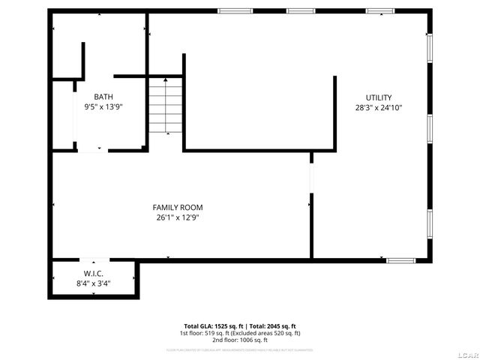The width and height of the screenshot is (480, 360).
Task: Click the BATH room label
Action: (103, 97)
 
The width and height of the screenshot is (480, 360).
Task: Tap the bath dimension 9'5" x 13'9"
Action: (103, 106)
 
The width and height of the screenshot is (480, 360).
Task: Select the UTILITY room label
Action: (379, 97)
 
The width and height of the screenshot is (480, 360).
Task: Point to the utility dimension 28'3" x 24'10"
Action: (379, 107)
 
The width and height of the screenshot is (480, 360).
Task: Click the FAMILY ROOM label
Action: (178, 208)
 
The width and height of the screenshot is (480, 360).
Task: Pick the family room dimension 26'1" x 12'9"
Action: (178, 217)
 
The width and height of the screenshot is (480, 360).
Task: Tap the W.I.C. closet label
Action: (93, 274)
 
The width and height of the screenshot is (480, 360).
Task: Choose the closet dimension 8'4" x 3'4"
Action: (93, 283)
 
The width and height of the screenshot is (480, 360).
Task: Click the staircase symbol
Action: (166, 106)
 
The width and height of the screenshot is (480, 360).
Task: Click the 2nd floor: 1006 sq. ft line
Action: (240, 339)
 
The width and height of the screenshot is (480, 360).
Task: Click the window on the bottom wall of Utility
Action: (400, 260)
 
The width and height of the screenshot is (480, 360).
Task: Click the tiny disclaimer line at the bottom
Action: (240, 349)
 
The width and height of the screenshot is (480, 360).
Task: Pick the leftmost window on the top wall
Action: (229, 10)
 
